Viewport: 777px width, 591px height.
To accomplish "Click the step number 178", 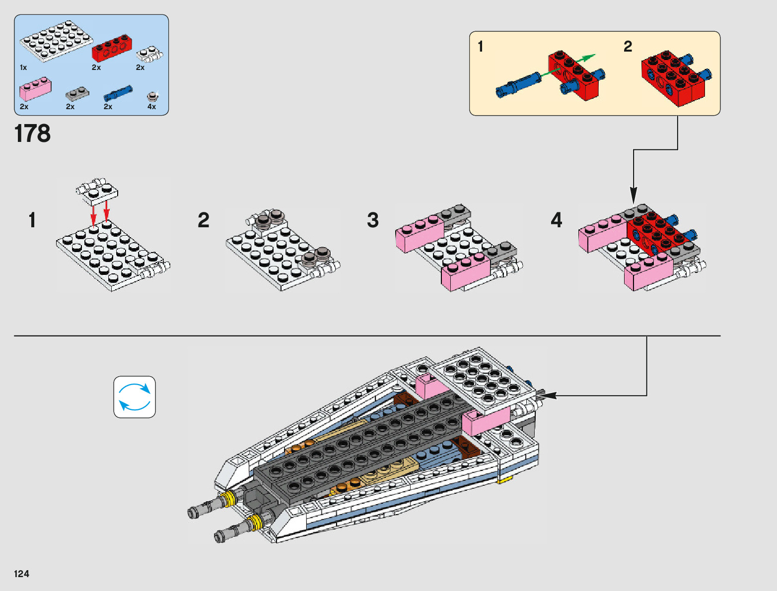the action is (x=32, y=133).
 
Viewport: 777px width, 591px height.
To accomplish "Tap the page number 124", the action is (x=21, y=574).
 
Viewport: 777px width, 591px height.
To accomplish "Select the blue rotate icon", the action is (x=135, y=397).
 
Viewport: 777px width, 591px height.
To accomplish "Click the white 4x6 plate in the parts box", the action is (x=56, y=41).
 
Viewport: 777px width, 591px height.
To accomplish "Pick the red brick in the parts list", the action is (x=112, y=48).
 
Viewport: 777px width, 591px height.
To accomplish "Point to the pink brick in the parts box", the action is (x=35, y=88).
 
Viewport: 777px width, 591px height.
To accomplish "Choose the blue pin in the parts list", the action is (x=118, y=93).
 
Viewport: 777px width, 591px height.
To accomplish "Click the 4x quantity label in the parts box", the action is (x=151, y=107).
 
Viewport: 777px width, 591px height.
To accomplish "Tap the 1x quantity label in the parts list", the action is (x=23, y=67).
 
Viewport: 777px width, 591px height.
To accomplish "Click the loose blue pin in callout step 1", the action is (x=518, y=85).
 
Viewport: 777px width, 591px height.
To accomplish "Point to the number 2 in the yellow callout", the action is (x=628, y=46).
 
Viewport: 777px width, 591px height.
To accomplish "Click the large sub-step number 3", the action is (x=373, y=220).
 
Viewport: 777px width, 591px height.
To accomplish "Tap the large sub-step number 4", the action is (x=557, y=220).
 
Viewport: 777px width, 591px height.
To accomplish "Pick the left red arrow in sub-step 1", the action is (x=93, y=215).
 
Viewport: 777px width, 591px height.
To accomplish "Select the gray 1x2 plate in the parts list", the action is (x=77, y=95).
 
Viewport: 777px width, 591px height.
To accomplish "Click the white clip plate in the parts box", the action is (x=150, y=54).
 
